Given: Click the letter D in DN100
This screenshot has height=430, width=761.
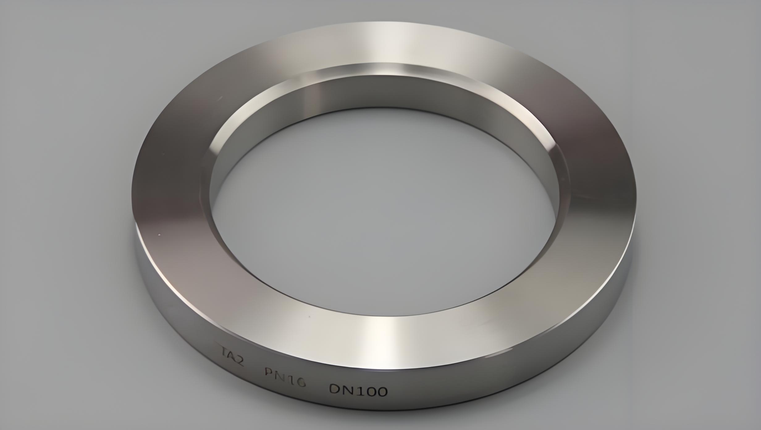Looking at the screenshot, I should coord(335,390).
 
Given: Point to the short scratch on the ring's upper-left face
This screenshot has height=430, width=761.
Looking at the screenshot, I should coord(220,99).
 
